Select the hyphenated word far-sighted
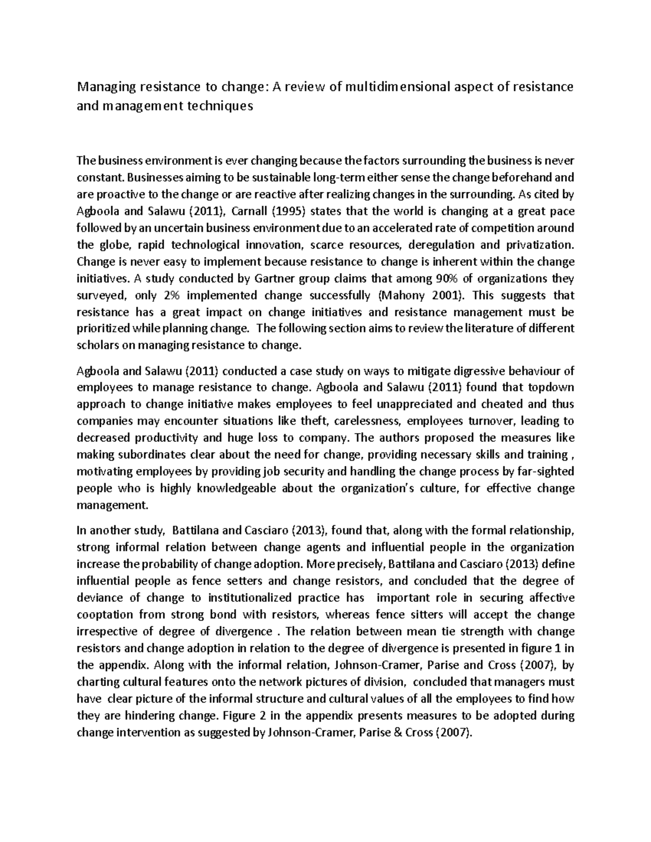point(544,472)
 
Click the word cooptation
point(105,615)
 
